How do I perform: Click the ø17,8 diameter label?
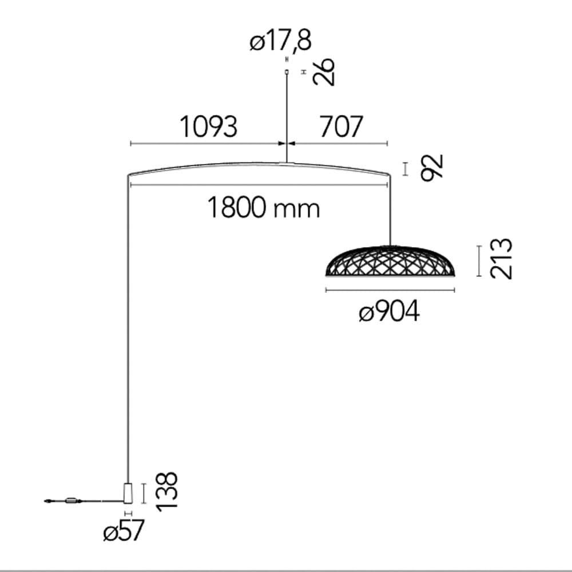point(280,41)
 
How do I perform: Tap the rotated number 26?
point(324,71)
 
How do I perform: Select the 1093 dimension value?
point(209,126)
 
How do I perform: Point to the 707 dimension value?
point(341,126)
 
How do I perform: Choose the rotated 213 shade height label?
point(501,259)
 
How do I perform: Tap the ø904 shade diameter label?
point(389,312)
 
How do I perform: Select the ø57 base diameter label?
point(124,530)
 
